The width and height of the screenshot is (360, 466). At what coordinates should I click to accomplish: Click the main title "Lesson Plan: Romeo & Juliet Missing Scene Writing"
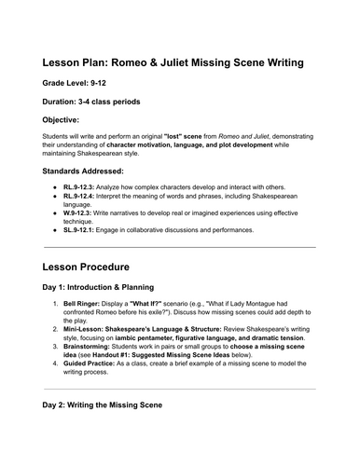[x=179, y=63]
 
